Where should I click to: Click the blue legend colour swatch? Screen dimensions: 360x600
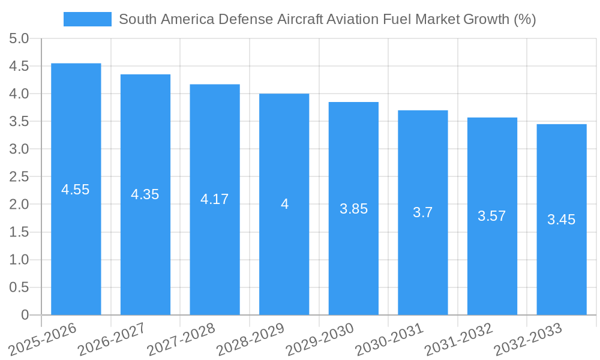pos(87,19)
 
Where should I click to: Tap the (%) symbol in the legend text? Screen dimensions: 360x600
pos(525,19)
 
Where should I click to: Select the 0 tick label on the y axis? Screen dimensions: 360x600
pos(25,315)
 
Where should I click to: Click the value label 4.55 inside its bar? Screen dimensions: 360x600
pos(76,190)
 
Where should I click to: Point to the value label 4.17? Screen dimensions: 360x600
pos(214,199)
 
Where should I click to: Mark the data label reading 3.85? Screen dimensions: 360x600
pos(353,209)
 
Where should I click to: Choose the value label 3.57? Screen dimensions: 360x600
pos(491,216)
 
